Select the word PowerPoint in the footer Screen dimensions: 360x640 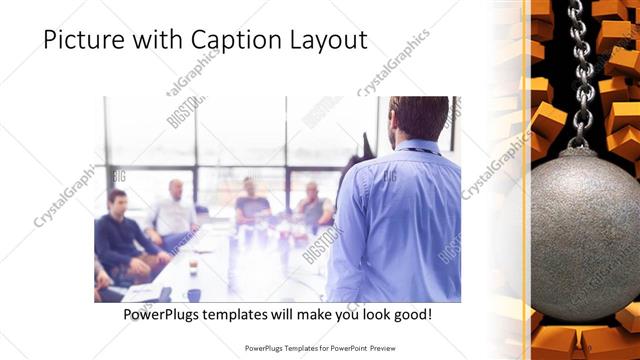[346, 349]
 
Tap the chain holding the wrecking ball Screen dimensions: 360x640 [581, 70]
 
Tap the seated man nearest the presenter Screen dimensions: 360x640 [313, 204]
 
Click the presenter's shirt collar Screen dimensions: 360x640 [418, 146]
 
